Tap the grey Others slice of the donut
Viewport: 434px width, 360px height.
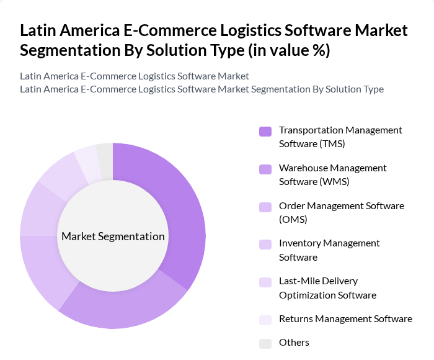point(105,161)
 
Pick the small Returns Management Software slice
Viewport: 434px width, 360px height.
point(87,165)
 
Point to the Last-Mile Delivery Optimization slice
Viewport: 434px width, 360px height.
point(59,183)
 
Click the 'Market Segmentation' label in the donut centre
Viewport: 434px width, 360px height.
point(113,236)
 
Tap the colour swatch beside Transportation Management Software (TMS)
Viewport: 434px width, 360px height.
point(265,132)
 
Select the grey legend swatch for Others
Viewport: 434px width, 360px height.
point(265,343)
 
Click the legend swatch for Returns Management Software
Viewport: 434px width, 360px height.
point(265,320)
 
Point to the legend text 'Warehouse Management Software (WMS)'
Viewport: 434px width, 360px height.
point(332,174)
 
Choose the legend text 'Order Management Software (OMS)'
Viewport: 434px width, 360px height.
point(341,212)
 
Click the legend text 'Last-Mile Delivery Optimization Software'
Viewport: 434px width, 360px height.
point(327,288)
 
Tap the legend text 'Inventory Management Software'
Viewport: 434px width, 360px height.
point(329,250)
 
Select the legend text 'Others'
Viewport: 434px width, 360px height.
point(294,343)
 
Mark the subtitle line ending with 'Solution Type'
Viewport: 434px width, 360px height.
point(201,89)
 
